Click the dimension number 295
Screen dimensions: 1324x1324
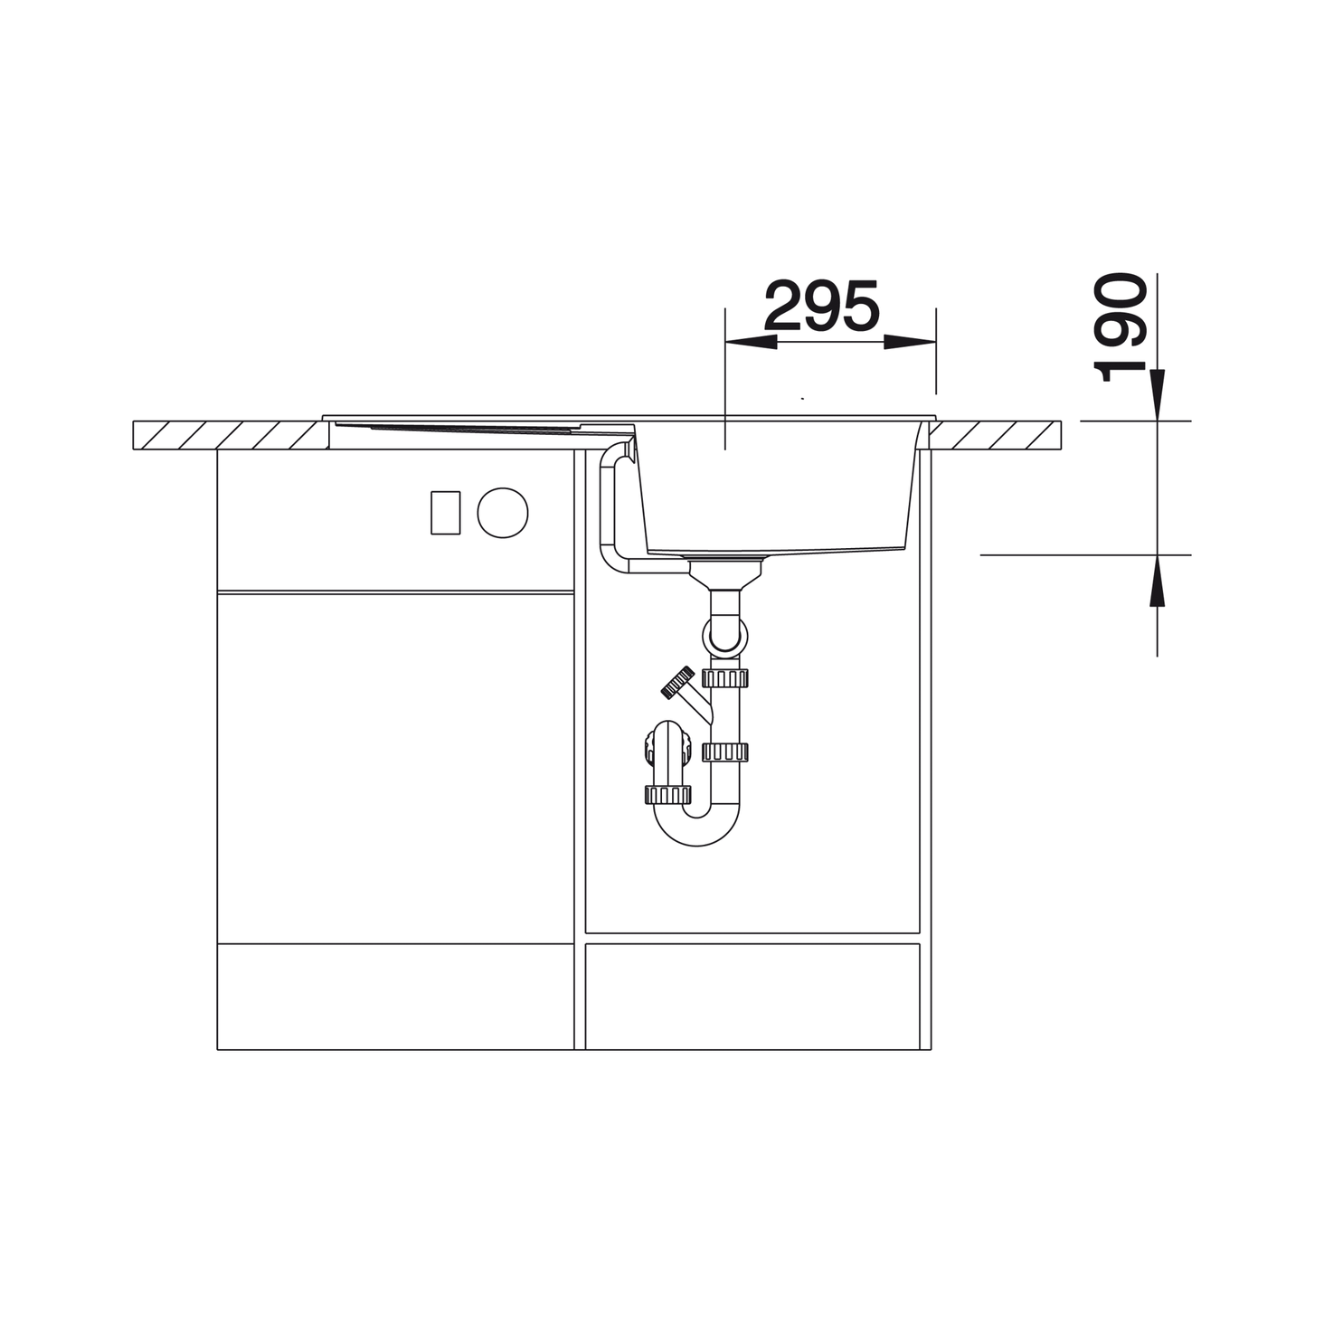[822, 306]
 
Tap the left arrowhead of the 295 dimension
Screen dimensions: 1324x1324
[751, 342]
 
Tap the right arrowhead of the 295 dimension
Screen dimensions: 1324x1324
[910, 342]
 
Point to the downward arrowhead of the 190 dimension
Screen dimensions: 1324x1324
[1157, 394]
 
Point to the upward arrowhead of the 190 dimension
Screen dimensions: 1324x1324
[1157, 580]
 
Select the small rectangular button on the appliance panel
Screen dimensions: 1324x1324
[445, 513]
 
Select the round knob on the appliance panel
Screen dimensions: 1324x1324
[503, 513]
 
